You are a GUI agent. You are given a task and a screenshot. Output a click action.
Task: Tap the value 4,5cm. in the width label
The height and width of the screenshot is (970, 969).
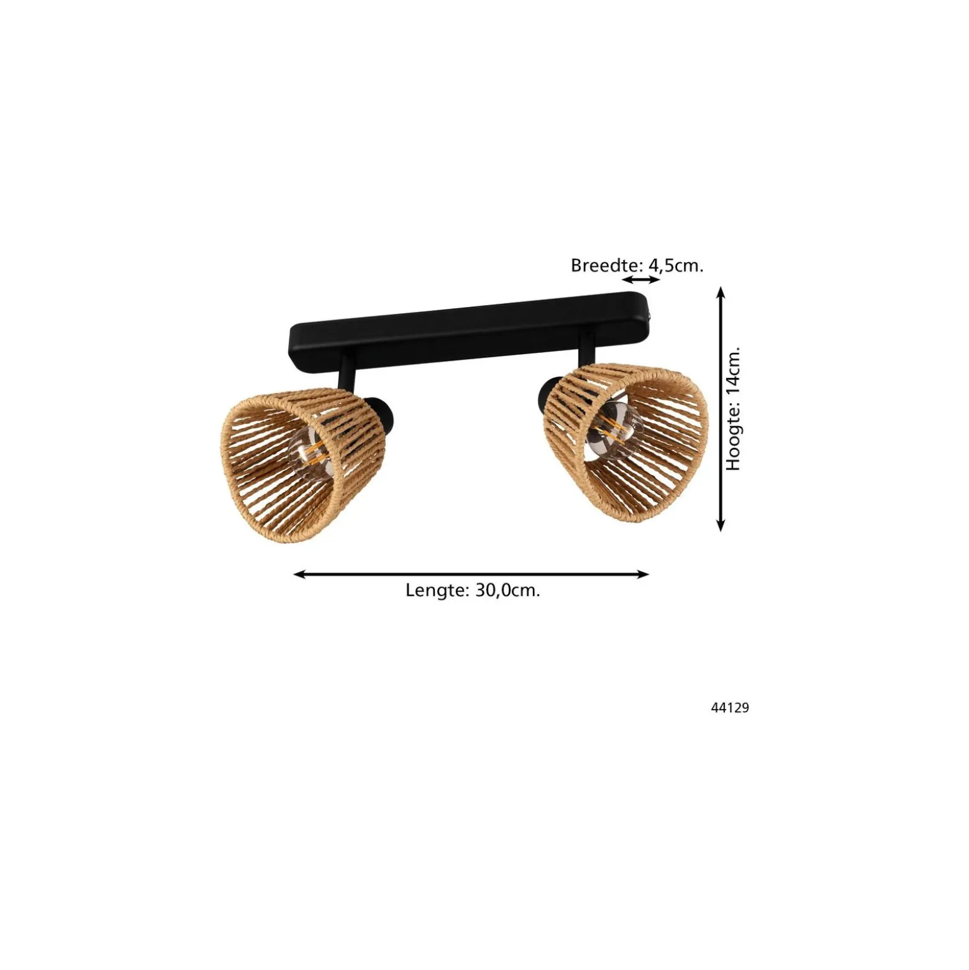click(676, 266)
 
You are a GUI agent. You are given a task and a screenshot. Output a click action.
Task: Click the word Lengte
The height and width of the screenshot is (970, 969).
click(437, 590)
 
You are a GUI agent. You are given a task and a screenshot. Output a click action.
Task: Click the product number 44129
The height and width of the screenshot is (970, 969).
click(730, 708)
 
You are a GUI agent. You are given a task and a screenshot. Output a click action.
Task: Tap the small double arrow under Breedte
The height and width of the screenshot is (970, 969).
click(641, 280)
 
